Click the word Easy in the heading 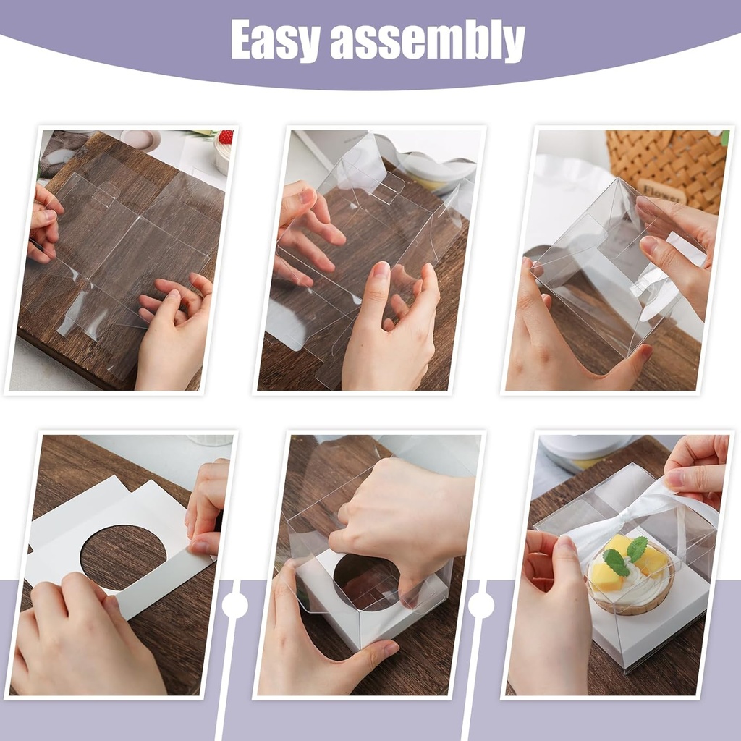(275, 41)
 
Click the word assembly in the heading (427, 41)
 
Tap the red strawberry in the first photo (226, 137)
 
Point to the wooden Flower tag (661, 190)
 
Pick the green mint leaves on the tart (624, 554)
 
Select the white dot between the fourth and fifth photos (235, 606)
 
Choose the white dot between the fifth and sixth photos (481, 606)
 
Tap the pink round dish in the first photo (140, 140)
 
